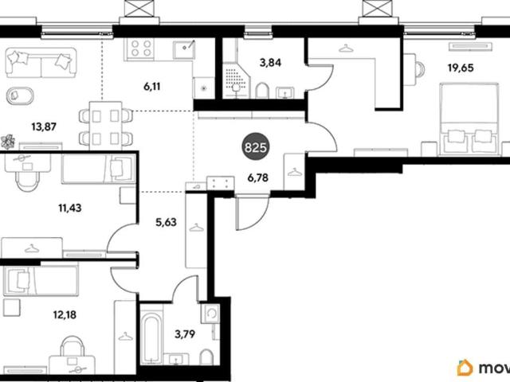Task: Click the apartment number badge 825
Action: (x=256, y=148)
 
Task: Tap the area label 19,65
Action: (x=461, y=68)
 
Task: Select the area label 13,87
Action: (x=44, y=127)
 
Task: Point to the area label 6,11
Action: (x=152, y=87)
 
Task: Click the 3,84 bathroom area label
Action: (x=270, y=62)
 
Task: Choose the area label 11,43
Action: (x=70, y=208)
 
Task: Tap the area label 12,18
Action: (x=65, y=314)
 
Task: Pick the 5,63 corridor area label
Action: (x=166, y=222)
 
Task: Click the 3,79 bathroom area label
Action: (x=185, y=334)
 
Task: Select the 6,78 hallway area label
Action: (x=258, y=177)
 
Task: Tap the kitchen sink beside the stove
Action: (x=184, y=49)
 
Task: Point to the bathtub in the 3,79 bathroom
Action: (x=151, y=338)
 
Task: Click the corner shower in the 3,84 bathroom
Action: (x=236, y=80)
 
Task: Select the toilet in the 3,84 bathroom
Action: (x=262, y=91)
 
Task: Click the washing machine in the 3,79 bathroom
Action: (x=210, y=313)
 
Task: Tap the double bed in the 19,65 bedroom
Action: (x=469, y=119)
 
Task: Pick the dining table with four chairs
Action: (x=106, y=126)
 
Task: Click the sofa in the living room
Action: (x=41, y=63)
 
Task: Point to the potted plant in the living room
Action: (x=8, y=142)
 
